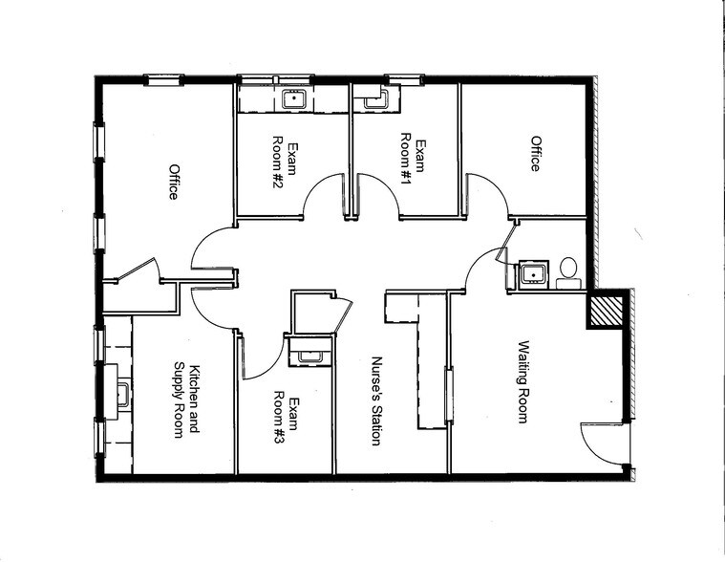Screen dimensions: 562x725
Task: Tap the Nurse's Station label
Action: click(376, 401)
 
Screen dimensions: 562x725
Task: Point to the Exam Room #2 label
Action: click(287, 164)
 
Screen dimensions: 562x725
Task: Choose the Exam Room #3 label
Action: click(287, 421)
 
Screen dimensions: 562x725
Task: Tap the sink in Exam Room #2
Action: click(292, 97)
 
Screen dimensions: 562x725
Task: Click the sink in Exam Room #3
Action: click(309, 356)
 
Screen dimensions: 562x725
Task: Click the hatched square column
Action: click(606, 310)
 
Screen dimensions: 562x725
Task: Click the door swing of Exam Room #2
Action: click(322, 196)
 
